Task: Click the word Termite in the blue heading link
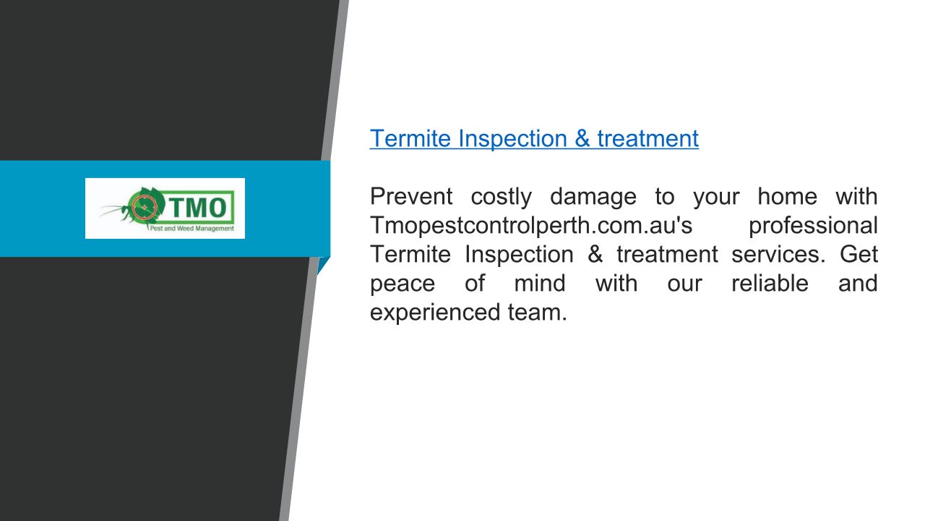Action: click(x=410, y=138)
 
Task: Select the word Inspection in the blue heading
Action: click(x=512, y=139)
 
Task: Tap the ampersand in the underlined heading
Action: click(x=582, y=138)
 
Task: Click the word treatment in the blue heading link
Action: click(x=648, y=138)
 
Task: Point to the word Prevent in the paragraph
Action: click(x=411, y=196)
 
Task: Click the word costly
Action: click(x=501, y=197)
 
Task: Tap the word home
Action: click(x=787, y=196)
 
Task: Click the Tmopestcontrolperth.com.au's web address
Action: click(x=531, y=226)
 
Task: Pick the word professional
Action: click(x=813, y=226)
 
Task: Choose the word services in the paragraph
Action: click(x=778, y=254)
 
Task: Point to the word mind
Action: click(x=540, y=283)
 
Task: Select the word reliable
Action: click(x=770, y=283)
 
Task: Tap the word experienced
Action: click(x=435, y=313)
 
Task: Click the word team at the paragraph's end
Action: click(x=537, y=312)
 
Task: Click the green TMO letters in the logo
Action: click(x=197, y=207)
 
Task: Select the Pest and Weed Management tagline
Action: click(x=192, y=228)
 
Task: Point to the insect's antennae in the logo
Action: click(x=112, y=210)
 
